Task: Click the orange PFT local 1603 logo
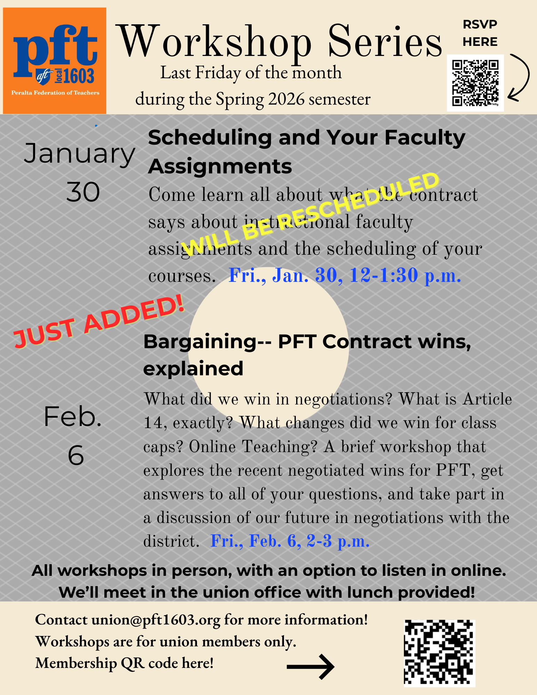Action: pyautogui.click(x=55, y=61)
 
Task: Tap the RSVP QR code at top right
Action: pyautogui.click(x=475, y=83)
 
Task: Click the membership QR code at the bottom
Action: pyautogui.click(x=439, y=653)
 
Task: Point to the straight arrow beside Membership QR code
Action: pyautogui.click(x=310, y=667)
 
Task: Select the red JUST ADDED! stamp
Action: pyautogui.click(x=99, y=321)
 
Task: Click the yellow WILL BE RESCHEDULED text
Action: pyautogui.click(x=310, y=214)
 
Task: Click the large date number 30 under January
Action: pyautogui.click(x=83, y=192)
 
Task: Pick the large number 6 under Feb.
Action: pyautogui.click(x=76, y=455)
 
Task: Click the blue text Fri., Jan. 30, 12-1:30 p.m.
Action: pyautogui.click(x=345, y=276)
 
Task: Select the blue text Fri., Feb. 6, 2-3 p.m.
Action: pyautogui.click(x=290, y=541)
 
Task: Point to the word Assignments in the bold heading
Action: pyautogui.click(x=220, y=167)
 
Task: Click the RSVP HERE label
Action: pyautogui.click(x=480, y=33)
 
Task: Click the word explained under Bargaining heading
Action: pyautogui.click(x=193, y=369)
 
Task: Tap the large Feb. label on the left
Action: pyautogui.click(x=73, y=417)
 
